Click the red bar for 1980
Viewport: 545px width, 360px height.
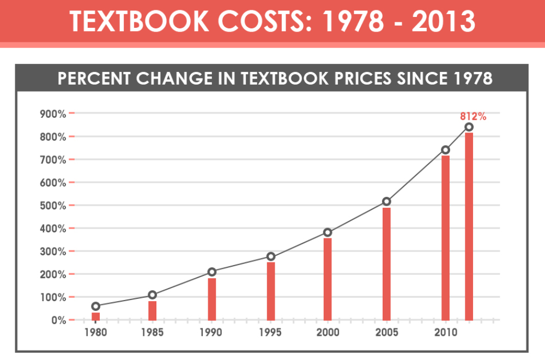(x=95, y=316)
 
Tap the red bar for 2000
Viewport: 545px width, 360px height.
(x=328, y=279)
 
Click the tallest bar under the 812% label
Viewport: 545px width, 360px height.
(x=469, y=226)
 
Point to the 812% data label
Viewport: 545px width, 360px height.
(x=473, y=116)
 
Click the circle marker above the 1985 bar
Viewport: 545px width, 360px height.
(x=153, y=295)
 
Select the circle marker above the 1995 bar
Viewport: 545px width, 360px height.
(x=271, y=256)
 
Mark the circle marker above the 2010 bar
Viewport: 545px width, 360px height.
(x=445, y=150)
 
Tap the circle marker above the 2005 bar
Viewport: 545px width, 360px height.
(x=386, y=201)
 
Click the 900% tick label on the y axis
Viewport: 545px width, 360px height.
(x=53, y=114)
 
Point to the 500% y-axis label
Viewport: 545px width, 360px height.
(x=53, y=206)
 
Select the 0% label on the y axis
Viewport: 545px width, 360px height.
(x=58, y=320)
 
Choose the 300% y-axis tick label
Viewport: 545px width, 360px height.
(x=53, y=251)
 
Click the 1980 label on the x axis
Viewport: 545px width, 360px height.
(x=95, y=333)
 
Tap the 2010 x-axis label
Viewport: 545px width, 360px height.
(x=445, y=333)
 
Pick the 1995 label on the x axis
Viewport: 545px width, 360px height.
(x=271, y=333)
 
